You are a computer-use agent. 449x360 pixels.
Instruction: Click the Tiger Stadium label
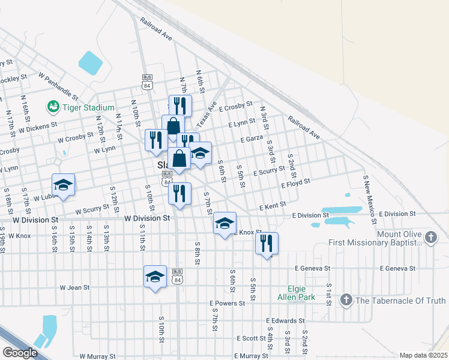click(x=88, y=107)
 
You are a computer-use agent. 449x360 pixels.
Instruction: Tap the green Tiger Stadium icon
click(x=53, y=107)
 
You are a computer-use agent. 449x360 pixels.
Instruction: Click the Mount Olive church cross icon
click(x=430, y=238)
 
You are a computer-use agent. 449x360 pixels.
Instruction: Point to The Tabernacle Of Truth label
click(x=401, y=301)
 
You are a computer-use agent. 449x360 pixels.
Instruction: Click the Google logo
click(x=19, y=353)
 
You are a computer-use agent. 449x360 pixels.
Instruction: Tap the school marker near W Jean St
click(x=155, y=277)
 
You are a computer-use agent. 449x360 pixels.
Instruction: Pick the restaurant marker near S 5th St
click(x=266, y=243)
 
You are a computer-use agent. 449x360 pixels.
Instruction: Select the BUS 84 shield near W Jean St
click(x=177, y=274)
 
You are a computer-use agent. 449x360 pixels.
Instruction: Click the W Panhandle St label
click(x=58, y=85)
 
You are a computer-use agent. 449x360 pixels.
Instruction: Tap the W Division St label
click(x=147, y=219)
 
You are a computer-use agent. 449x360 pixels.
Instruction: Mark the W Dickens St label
click(x=38, y=128)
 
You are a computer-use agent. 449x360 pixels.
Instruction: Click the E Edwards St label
click(x=288, y=322)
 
